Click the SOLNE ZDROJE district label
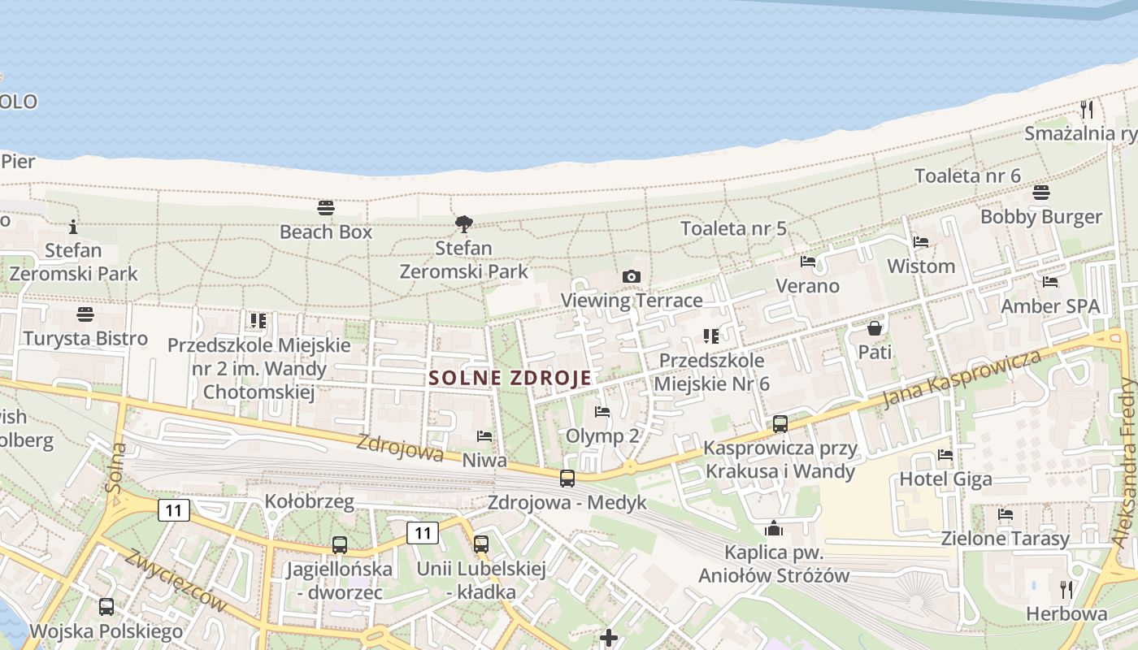click(x=510, y=378)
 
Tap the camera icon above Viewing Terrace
click(x=632, y=277)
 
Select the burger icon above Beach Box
click(x=326, y=207)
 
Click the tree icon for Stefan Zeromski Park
click(x=464, y=223)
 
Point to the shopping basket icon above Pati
click(x=875, y=328)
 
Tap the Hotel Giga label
click(x=945, y=479)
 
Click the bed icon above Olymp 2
click(x=602, y=412)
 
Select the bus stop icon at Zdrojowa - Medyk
click(x=567, y=478)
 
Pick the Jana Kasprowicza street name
click(x=962, y=380)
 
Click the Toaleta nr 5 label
click(x=733, y=228)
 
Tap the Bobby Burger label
click(x=1040, y=217)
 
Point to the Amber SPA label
click(x=1049, y=306)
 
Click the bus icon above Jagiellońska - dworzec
click(x=340, y=545)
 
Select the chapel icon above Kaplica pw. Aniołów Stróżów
click(x=774, y=529)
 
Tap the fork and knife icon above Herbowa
click(x=1066, y=590)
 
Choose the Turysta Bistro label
click(x=85, y=338)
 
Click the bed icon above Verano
click(x=808, y=262)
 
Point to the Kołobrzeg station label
click(x=310, y=501)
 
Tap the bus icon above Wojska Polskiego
click(x=106, y=607)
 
